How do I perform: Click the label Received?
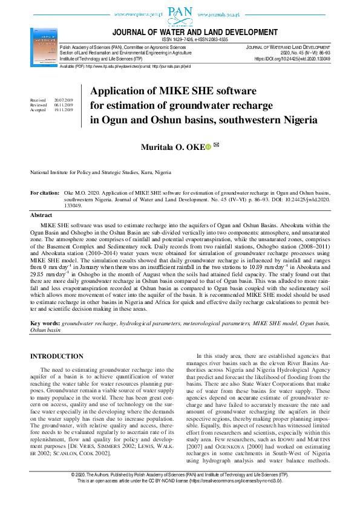[x=38, y=100]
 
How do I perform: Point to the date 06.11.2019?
[x=63, y=105]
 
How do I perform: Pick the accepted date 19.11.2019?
[x=63, y=110]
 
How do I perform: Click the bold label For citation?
[x=45, y=193]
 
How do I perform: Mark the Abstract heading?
[x=41, y=215]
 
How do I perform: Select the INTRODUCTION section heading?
[x=57, y=357]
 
